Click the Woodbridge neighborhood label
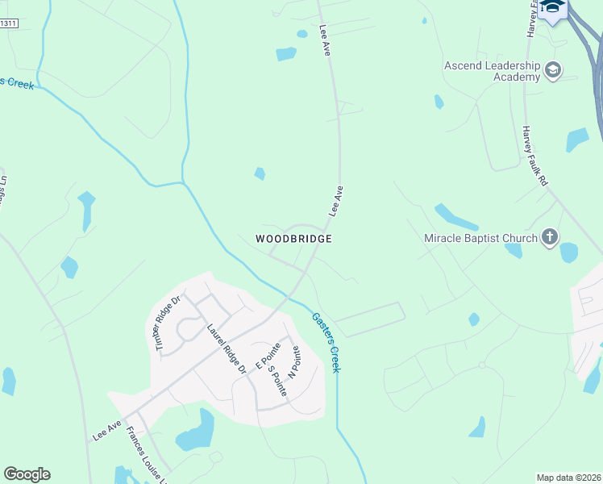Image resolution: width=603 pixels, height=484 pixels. coord(293,239)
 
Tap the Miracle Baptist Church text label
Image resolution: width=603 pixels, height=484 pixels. coord(480,238)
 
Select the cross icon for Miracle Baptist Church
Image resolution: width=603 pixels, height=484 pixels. coord(550,237)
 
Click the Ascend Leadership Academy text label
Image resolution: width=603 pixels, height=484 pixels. coord(493,71)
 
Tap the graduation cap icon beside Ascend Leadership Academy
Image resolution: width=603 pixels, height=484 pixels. coord(553,70)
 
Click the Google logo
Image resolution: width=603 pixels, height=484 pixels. coord(27,474)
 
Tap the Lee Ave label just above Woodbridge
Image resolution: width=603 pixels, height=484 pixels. coord(336,201)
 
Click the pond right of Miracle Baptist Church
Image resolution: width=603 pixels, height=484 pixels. coord(569,252)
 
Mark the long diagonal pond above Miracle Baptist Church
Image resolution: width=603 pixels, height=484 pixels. coord(456,216)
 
